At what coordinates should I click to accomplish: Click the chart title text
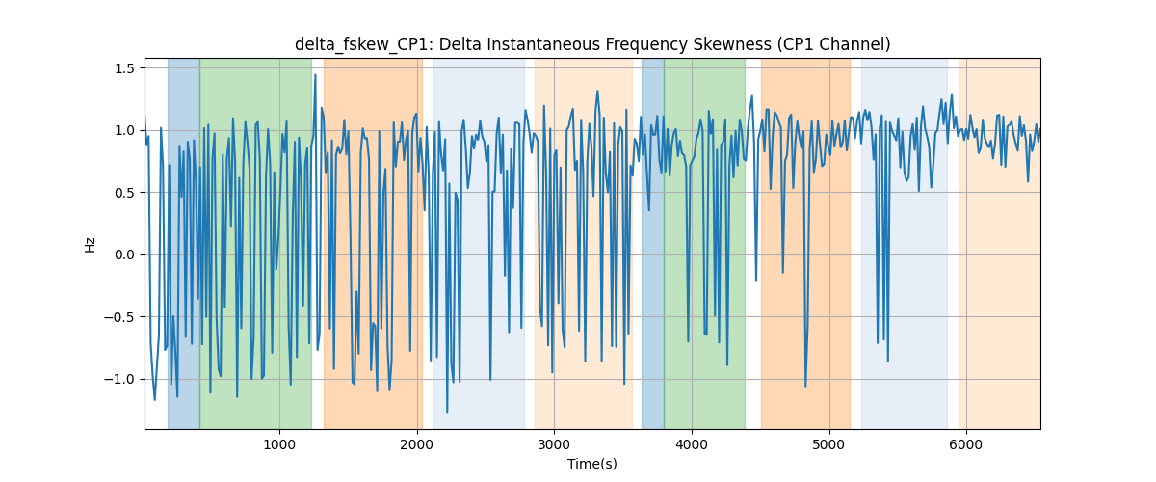point(592,44)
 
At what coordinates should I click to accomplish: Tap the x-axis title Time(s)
point(592,464)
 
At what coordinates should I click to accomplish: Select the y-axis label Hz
point(91,244)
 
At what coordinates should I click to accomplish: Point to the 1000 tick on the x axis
point(279,445)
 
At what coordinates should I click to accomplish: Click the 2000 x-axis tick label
point(417,445)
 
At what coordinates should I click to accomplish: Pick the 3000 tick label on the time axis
point(554,445)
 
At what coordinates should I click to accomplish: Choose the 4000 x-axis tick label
point(692,445)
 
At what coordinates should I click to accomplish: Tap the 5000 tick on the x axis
point(829,445)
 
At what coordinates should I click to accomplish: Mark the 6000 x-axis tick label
point(966,445)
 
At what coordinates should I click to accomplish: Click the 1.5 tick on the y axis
point(124,68)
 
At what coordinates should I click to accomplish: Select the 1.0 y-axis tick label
point(124,131)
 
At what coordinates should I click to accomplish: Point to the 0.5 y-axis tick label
point(124,193)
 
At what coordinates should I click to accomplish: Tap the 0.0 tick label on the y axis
point(124,254)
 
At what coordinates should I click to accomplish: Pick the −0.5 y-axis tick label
point(119,317)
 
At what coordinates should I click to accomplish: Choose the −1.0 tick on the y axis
point(119,379)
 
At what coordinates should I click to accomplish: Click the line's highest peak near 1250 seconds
point(315,75)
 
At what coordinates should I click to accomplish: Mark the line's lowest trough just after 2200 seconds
point(447,413)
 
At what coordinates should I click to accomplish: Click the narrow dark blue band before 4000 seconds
point(653,243)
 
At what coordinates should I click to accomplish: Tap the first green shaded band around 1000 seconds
point(256,243)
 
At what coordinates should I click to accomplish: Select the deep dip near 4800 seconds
point(805,386)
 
